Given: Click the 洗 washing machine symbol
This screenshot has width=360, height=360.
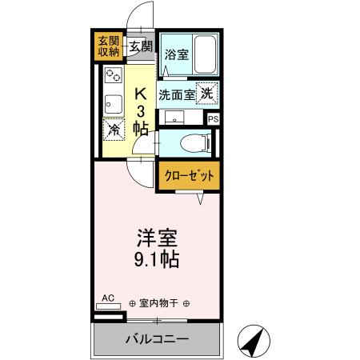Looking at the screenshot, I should (x=207, y=93).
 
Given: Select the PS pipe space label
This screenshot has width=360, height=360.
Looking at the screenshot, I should (x=213, y=118).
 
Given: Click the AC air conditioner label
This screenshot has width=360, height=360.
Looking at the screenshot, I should (x=108, y=298).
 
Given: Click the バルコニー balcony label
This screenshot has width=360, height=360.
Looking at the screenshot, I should (x=157, y=339).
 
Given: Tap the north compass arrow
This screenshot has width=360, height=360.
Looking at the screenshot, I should (x=254, y=342).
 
